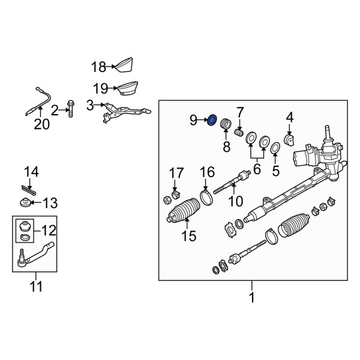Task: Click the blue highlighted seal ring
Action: pos(211,122)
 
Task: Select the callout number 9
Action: pos(193,121)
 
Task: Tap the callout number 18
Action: pos(98,67)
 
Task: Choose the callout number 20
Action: pos(41,124)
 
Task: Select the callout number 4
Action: pos(289,116)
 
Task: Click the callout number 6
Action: pos(257,170)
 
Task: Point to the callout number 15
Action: pos(188,236)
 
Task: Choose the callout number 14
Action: pos(31,172)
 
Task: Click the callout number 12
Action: pos(47,230)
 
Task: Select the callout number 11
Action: pos(36,286)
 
